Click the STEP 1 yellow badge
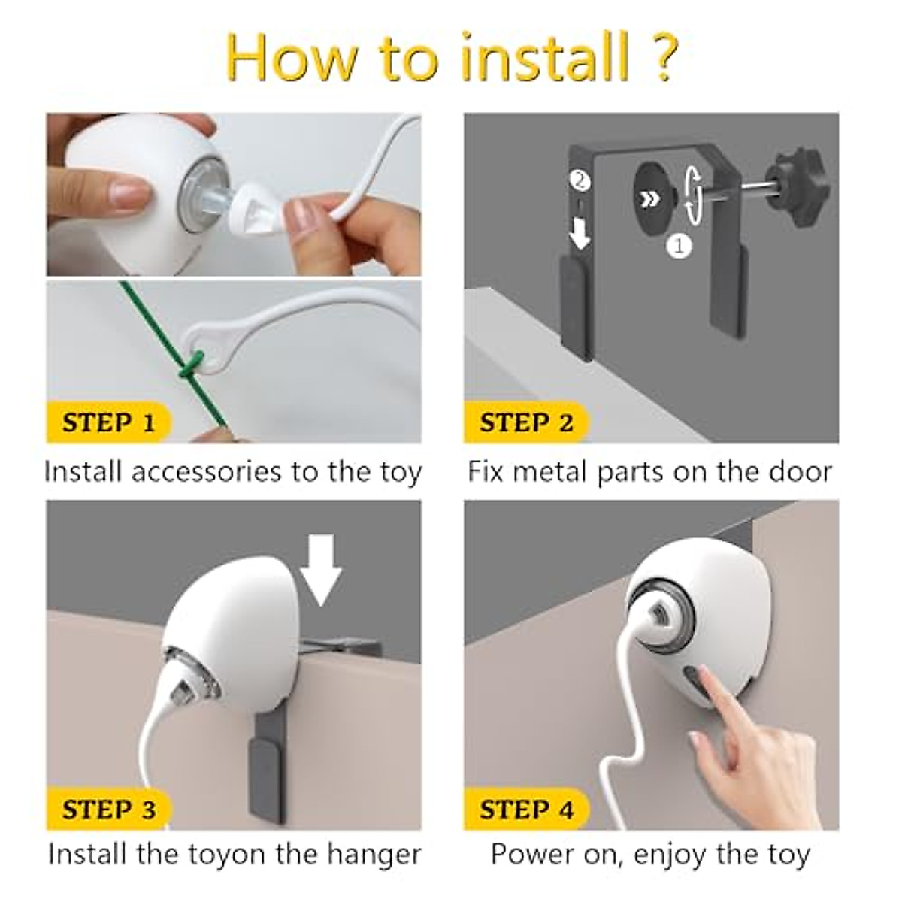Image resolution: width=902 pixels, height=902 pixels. click(108, 422)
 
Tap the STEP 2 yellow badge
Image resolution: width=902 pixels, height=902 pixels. click(526, 422)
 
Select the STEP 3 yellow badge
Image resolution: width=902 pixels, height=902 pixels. click(108, 809)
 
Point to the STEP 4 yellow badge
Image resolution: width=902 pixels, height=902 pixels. click(526, 809)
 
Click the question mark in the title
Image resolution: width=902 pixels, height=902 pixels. click(661, 58)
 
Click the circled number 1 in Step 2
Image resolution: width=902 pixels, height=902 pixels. click(679, 245)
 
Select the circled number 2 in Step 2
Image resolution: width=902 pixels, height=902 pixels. click(580, 180)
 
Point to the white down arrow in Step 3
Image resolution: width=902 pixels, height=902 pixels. click(321, 570)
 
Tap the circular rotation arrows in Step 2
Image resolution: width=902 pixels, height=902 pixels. click(693, 193)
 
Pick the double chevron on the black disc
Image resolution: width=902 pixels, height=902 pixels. click(649, 199)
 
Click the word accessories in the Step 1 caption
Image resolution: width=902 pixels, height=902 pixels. click(207, 472)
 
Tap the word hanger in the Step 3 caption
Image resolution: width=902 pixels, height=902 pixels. click(374, 855)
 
